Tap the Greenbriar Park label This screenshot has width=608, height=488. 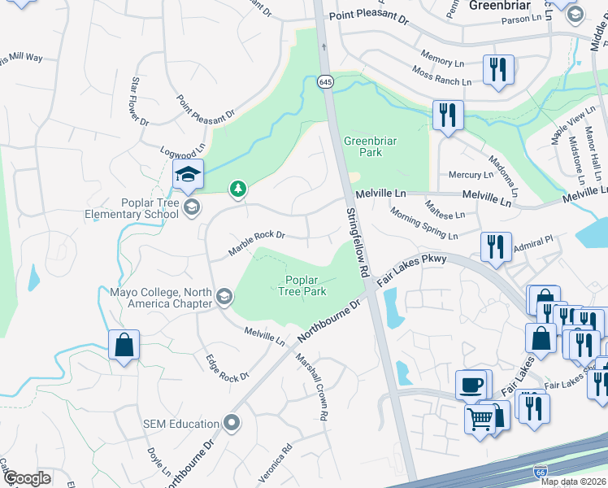pos(370,146)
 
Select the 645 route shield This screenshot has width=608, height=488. pos(326,82)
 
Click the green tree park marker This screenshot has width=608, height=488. pos(237,190)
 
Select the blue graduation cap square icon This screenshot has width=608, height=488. pos(188,173)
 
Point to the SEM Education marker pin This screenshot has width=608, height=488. pos(232,423)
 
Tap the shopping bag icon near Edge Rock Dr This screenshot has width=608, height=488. pos(124,344)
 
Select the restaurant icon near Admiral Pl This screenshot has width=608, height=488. pos(496,246)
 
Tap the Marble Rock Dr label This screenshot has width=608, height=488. pos(256,242)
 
